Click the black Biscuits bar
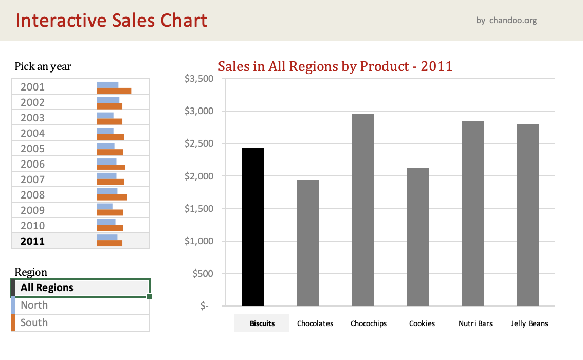pos(253,227)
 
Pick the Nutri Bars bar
pos(472,213)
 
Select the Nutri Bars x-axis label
pos(476,323)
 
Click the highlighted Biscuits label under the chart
pos(262,323)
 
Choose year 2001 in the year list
pos(32,87)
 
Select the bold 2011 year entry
pos(32,241)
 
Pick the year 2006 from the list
pos(32,164)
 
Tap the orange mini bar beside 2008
pos(112,197)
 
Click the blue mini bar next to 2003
pos(105,115)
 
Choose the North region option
pos(34,305)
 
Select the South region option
pos(34,322)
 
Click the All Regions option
pos(47,287)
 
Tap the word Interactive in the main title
pos(57,21)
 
